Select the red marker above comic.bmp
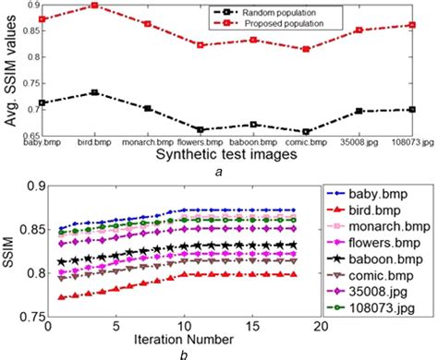(306, 49)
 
